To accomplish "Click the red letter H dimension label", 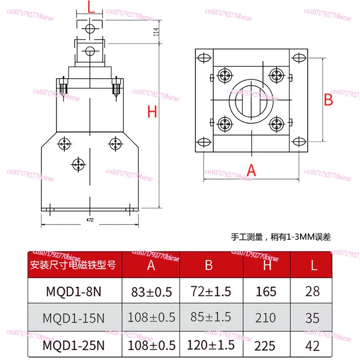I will pos(153,111).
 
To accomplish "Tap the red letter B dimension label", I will pos(329,100).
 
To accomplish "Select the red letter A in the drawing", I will pos(252,170).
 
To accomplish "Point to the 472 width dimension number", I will pos(90,220).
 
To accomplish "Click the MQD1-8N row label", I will pos(74,291).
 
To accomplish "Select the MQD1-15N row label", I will pos(74,318).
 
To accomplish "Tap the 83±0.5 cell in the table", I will pos(151,291).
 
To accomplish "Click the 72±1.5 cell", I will pos(209,291).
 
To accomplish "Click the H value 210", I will pos(266,318).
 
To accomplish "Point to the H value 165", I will pos(266,291).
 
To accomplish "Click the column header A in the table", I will pos(151,265).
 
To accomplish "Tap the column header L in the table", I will pos(313,265).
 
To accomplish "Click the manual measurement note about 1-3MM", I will pos(281,237).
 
